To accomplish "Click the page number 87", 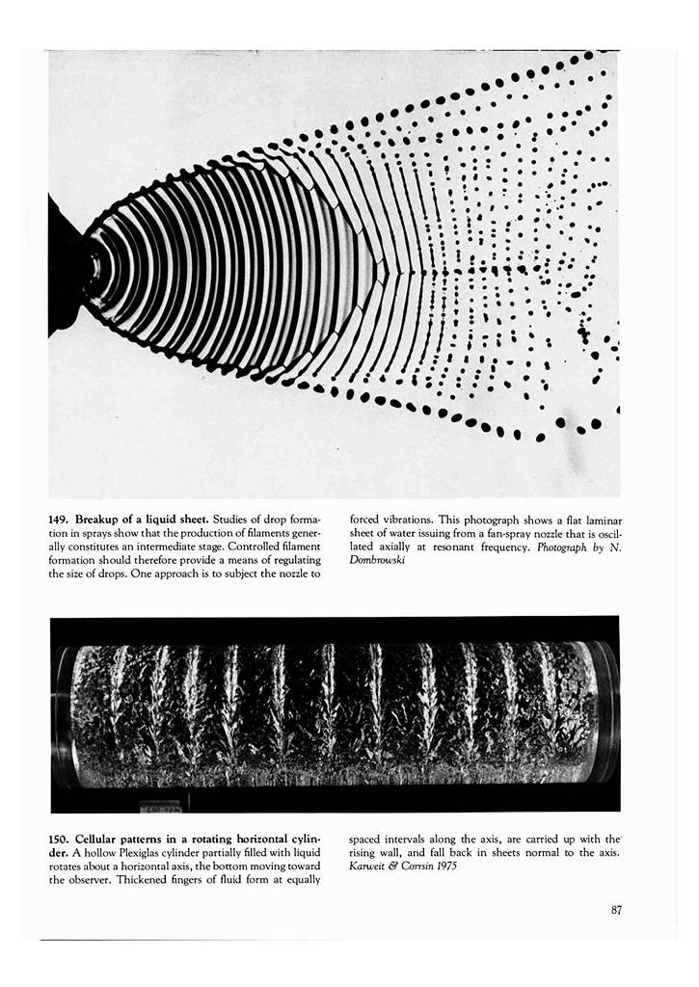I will point(616,909).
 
